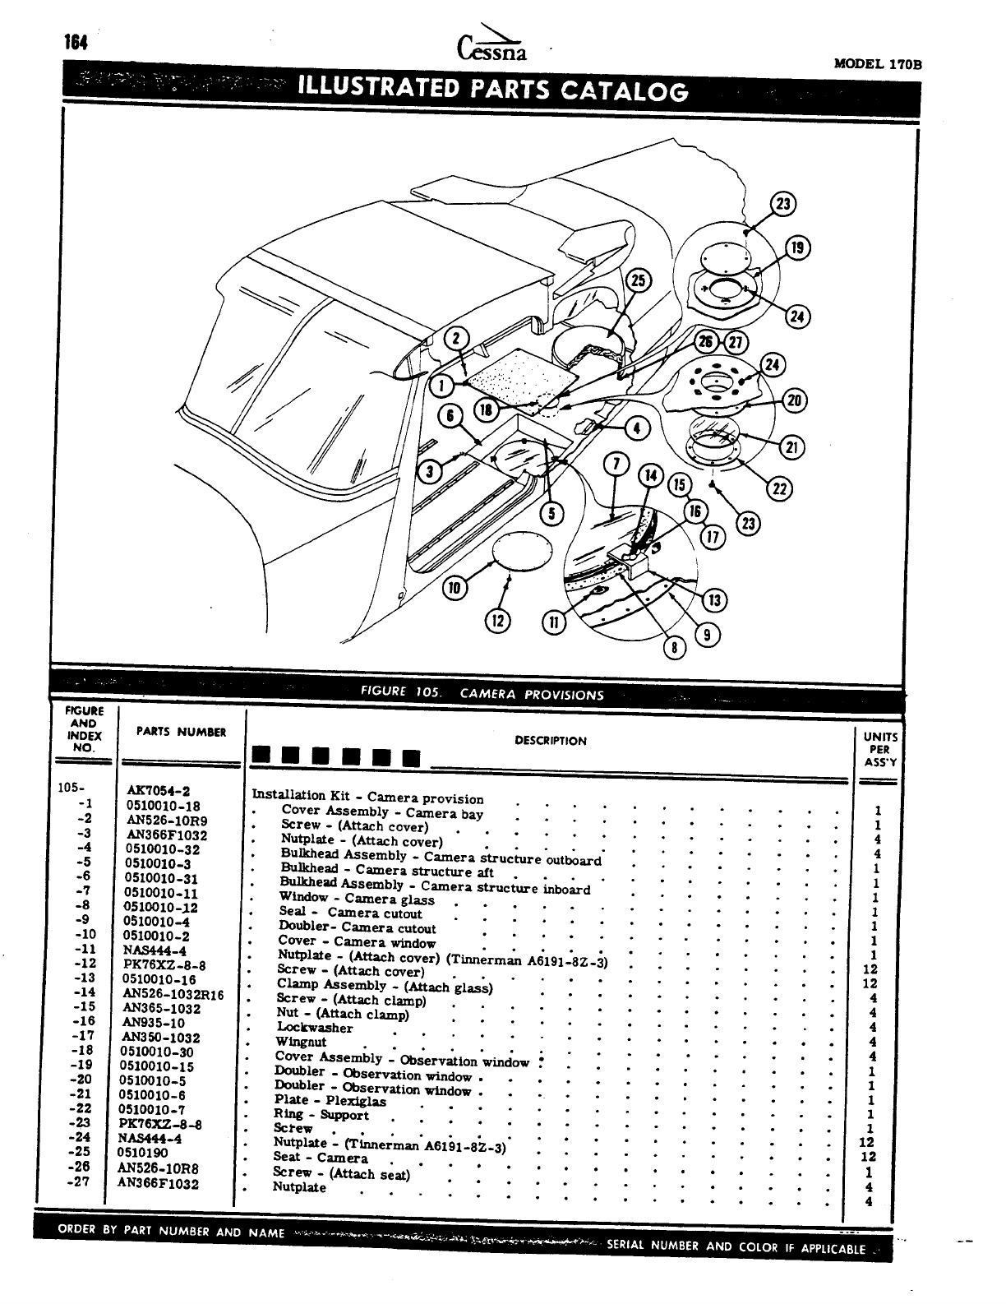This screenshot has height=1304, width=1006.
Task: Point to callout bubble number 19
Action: (797, 247)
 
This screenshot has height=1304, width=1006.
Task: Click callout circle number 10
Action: (455, 587)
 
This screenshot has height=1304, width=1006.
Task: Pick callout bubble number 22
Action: (778, 489)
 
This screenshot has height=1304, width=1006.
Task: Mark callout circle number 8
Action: (674, 648)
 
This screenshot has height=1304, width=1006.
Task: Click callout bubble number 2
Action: (458, 339)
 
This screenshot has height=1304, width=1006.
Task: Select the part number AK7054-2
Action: (159, 791)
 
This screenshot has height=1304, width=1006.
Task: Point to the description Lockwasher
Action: (315, 1028)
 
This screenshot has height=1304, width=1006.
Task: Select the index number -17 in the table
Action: (84, 1037)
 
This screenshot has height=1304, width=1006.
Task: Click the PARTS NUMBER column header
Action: (181, 732)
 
